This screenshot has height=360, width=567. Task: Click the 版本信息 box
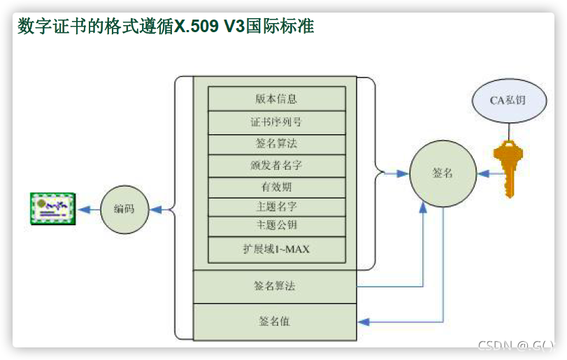277,99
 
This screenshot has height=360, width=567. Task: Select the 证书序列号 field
277,122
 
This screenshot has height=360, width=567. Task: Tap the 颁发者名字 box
277,166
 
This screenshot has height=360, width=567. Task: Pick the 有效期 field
277,187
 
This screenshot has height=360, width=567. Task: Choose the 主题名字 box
277,208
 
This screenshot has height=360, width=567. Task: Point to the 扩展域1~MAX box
277,250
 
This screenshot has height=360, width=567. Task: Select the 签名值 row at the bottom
275,322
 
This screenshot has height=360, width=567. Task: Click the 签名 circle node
443,173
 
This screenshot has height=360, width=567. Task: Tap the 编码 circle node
124,209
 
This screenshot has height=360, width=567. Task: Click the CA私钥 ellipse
508,100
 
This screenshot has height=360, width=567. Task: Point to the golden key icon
508,167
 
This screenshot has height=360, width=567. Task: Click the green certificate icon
53,209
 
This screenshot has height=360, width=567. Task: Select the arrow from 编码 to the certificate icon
89,209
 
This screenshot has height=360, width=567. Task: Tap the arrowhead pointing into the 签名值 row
364,322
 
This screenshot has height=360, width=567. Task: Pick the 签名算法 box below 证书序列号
277,143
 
